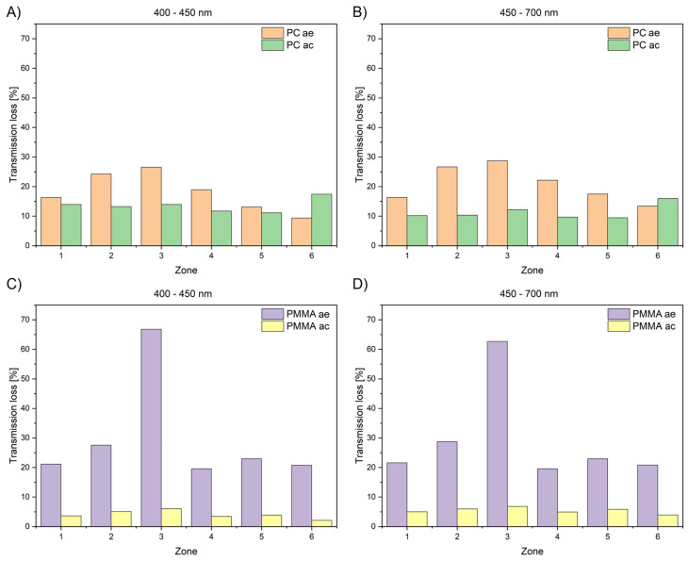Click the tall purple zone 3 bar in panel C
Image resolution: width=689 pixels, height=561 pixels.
coord(151,428)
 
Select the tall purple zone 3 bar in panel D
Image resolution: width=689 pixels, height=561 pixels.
coord(498,434)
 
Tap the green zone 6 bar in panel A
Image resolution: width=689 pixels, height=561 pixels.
coord(321,220)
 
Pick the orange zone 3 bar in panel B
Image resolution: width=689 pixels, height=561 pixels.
coord(498,203)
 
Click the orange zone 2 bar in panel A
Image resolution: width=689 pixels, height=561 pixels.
coord(101,209)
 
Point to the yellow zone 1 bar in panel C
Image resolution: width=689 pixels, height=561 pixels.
coord(72,521)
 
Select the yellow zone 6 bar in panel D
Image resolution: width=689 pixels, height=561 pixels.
coord(668,520)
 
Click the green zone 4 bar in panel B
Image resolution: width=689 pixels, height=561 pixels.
coord(567,231)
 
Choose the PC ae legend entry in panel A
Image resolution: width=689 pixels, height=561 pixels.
coord(287,33)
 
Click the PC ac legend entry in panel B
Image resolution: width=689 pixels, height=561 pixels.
coord(633,45)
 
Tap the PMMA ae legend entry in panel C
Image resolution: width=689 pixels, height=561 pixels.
coord(295,314)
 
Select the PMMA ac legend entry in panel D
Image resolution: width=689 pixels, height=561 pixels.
coord(642,326)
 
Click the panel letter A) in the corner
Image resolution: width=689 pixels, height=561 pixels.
coord(13,13)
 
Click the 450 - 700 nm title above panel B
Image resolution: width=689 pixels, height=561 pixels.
coord(529,13)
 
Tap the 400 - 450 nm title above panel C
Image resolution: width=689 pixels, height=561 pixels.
coord(182,293)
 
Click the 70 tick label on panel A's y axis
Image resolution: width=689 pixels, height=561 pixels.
coord(25,39)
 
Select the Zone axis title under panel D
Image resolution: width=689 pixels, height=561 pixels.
coord(533,551)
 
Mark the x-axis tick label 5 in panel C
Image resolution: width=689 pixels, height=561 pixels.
coord(261,536)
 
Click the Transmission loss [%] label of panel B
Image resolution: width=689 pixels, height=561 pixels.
coord(359,134)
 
